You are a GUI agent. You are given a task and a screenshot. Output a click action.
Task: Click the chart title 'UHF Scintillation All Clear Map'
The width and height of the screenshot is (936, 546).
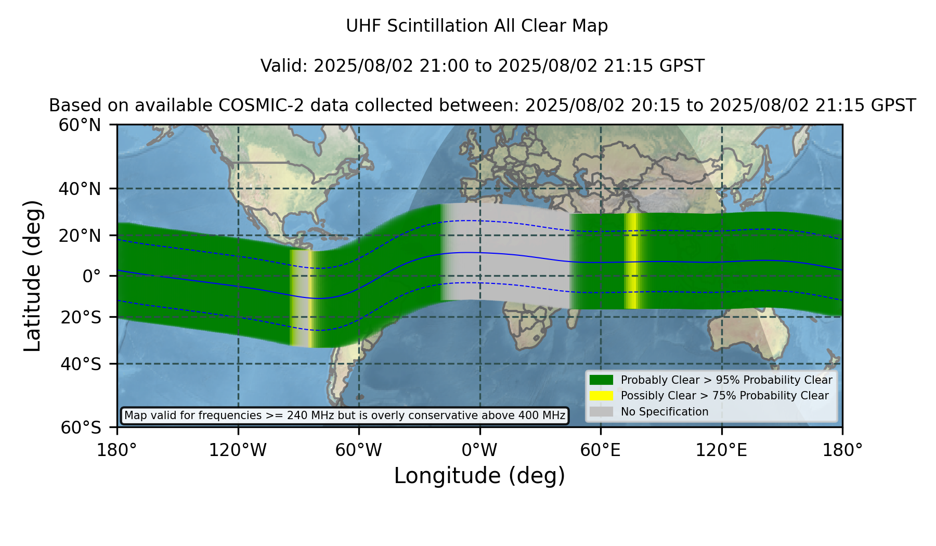477,26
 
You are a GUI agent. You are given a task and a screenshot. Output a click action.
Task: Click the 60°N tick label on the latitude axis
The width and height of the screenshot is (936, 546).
80,125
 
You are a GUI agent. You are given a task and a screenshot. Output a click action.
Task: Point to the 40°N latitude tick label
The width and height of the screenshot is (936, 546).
80,189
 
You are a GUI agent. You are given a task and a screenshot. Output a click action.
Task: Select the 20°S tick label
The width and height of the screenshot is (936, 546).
81,317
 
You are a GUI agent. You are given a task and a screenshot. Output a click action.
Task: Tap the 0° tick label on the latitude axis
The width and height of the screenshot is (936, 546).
92,276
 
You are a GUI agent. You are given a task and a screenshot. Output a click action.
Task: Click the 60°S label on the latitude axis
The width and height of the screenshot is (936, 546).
81,427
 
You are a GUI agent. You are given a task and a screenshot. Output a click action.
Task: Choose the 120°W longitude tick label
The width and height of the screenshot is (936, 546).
238,450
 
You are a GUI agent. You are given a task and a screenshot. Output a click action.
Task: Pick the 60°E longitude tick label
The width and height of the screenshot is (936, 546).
601,450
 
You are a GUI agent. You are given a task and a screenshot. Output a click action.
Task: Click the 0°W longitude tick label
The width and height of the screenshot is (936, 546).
479,450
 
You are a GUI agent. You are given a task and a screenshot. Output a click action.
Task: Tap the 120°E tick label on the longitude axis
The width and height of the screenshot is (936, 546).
721,450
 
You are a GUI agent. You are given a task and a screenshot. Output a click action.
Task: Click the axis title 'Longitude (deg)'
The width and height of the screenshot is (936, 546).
479,476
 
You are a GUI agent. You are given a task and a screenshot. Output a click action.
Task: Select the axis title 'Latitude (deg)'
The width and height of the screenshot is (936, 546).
33,276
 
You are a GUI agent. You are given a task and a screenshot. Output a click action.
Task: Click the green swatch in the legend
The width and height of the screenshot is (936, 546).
602,380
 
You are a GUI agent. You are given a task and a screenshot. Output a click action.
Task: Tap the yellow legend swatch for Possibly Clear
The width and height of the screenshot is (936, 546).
602,396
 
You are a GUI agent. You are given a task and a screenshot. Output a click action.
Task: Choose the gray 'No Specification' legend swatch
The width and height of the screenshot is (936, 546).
602,412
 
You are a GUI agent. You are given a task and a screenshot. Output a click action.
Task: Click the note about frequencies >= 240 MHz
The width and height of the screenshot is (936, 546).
345,415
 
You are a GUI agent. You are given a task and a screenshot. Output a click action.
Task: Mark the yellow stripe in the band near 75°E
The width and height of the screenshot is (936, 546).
632,261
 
